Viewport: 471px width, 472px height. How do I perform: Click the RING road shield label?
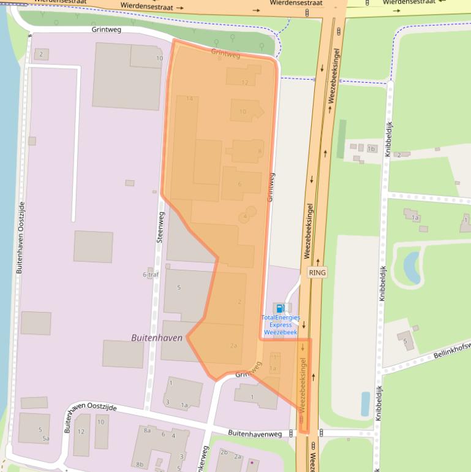pyautogui.click(x=317, y=272)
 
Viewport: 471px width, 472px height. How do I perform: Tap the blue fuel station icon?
pyautogui.click(x=280, y=308)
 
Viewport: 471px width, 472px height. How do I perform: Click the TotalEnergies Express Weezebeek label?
pyautogui.click(x=280, y=325)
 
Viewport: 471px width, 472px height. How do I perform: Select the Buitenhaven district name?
pyautogui.click(x=157, y=337)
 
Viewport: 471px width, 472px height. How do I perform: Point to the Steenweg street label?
pyautogui.click(x=160, y=227)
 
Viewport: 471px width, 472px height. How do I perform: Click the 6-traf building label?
pyautogui.click(x=151, y=275)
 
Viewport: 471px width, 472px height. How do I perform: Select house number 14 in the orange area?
pyautogui.click(x=189, y=99)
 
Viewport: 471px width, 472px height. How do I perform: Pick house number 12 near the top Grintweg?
pyautogui.click(x=245, y=82)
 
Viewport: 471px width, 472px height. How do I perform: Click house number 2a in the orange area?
pyautogui.click(x=233, y=346)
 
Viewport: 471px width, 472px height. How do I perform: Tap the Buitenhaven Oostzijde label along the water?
pyautogui.click(x=20, y=237)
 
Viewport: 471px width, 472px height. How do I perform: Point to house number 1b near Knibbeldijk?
pyautogui.click(x=371, y=148)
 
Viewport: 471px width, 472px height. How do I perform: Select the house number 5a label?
pyautogui.click(x=45, y=438)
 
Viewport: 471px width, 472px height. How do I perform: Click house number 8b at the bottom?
pyautogui.click(x=140, y=464)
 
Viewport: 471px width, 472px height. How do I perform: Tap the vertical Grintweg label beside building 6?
pyautogui.click(x=271, y=187)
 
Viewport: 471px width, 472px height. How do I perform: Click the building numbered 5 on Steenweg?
pyautogui.click(x=179, y=287)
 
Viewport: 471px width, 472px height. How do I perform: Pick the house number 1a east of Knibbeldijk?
pyautogui.click(x=415, y=218)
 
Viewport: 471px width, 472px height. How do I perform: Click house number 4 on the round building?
pyautogui.click(x=245, y=216)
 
